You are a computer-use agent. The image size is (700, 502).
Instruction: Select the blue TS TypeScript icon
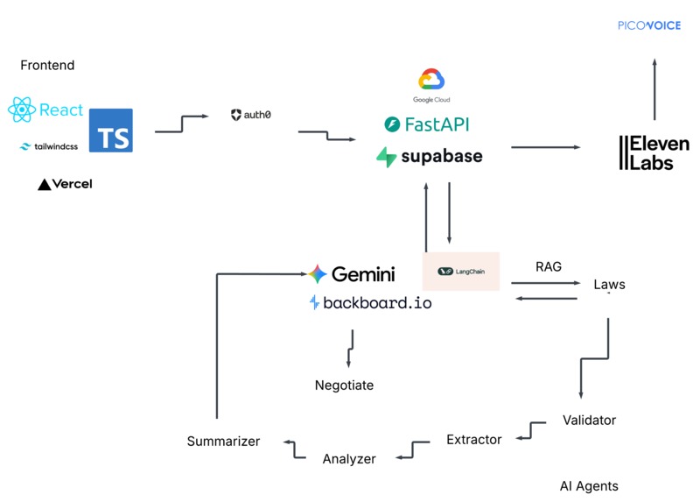(111, 131)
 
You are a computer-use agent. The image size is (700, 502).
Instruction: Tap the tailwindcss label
(49, 146)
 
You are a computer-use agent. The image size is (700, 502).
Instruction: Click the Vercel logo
(65, 184)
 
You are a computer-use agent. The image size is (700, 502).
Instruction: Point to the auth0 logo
(250, 115)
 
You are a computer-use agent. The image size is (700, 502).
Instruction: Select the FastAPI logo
(427, 124)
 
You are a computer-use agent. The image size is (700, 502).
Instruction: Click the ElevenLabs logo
(654, 152)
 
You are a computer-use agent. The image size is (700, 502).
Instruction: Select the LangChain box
(460, 271)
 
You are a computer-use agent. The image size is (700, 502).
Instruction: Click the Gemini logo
(352, 274)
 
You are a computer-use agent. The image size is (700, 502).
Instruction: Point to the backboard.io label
(370, 303)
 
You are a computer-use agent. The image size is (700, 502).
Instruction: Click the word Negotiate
(344, 385)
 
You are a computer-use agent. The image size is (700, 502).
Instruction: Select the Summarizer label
(223, 442)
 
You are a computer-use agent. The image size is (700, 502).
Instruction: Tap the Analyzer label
(349, 459)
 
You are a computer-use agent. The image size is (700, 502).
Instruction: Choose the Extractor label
(473, 440)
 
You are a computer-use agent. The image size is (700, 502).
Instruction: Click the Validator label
(589, 421)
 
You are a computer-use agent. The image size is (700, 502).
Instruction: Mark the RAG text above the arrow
(548, 266)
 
